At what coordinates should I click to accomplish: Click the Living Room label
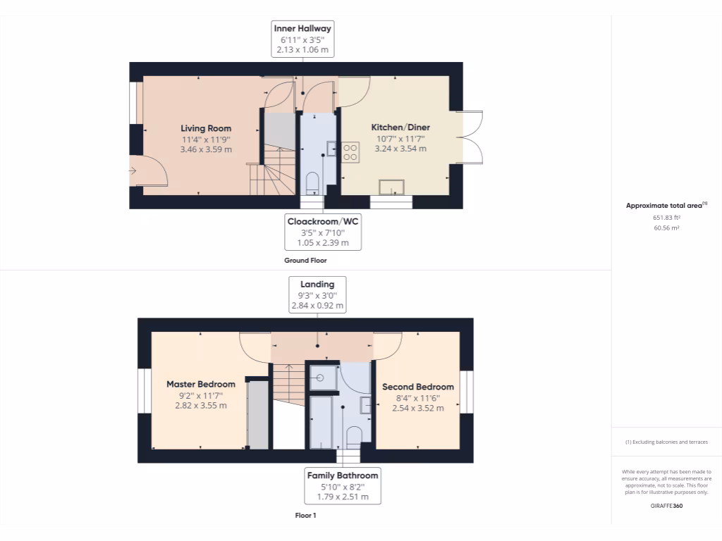pyautogui.click(x=206, y=128)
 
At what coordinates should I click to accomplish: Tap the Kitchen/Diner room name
pyautogui.click(x=400, y=128)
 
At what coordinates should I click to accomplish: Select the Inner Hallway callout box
pyautogui.click(x=303, y=39)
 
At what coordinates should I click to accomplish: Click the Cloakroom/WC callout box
pyautogui.click(x=323, y=232)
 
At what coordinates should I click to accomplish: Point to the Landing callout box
pyautogui.click(x=317, y=294)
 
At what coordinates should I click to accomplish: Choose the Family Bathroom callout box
pyautogui.click(x=343, y=486)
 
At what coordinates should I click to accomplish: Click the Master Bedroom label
pyautogui.click(x=201, y=384)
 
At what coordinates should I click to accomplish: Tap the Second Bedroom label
pyautogui.click(x=418, y=387)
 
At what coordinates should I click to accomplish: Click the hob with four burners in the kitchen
pyautogui.click(x=350, y=153)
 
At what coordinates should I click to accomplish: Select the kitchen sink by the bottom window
pyautogui.click(x=391, y=187)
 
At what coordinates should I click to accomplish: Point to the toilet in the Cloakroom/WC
pyautogui.click(x=312, y=184)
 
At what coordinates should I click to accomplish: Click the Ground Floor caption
pyautogui.click(x=305, y=261)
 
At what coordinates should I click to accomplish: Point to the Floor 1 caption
pyautogui.click(x=305, y=516)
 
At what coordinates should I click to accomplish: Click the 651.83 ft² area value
pyautogui.click(x=666, y=218)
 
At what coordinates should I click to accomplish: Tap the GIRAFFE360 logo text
pyautogui.click(x=666, y=506)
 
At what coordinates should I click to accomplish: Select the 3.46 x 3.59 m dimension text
pyautogui.click(x=206, y=149)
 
